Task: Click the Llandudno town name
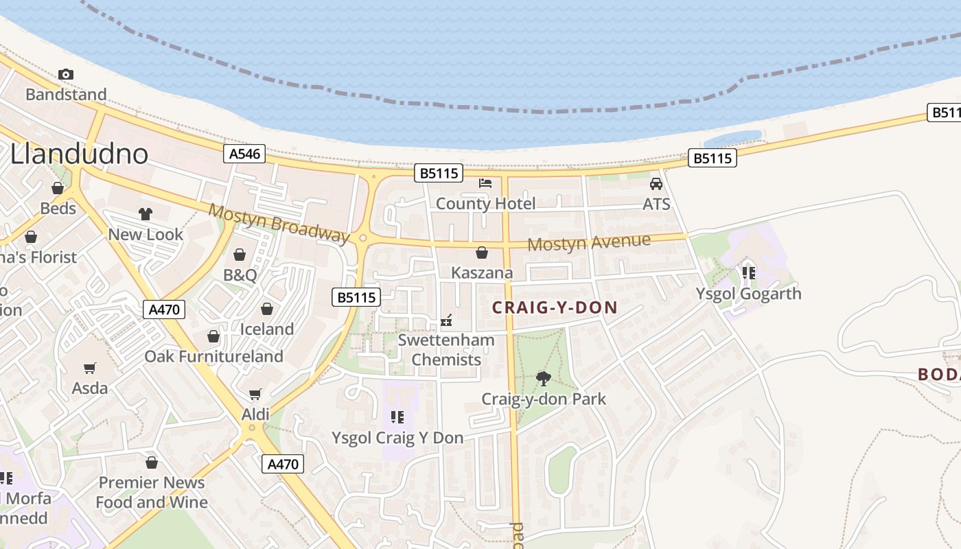point(79,154)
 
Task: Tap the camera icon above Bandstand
point(66,74)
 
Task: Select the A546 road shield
point(245,154)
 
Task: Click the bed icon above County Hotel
point(485,183)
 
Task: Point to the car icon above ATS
point(656,184)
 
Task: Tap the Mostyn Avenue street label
point(588,242)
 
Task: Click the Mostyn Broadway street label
point(279,222)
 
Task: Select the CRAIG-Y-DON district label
point(555,308)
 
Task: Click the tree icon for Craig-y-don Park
point(543,378)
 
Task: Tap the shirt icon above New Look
point(145,214)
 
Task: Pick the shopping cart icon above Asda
point(90,369)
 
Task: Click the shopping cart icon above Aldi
point(255,394)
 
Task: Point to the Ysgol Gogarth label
point(748,294)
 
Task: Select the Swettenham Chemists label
point(446,349)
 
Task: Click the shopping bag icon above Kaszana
point(482,253)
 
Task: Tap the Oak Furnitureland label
point(213,356)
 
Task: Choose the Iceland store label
point(266,329)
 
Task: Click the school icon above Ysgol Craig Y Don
point(397,417)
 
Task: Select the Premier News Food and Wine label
point(152,492)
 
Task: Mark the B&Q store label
point(240,276)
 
